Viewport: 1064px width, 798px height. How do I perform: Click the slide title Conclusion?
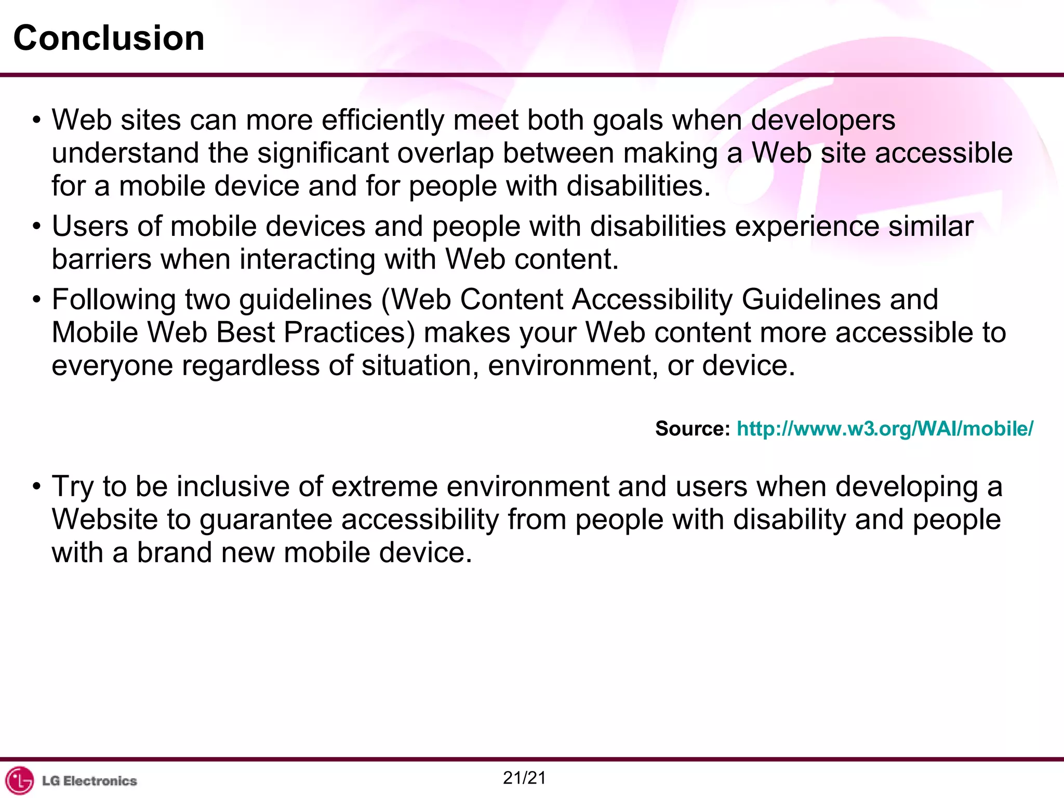tap(109, 38)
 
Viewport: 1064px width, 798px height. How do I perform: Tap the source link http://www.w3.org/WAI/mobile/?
tap(885, 429)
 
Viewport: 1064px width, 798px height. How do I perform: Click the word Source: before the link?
tap(693, 429)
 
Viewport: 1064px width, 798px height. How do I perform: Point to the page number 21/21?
tap(524, 778)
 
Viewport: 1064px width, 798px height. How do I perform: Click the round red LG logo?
tap(19, 780)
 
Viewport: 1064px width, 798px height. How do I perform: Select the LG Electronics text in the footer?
tap(89, 781)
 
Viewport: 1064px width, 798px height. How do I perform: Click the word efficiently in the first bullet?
tap(383, 121)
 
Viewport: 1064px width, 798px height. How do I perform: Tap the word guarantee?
tap(265, 520)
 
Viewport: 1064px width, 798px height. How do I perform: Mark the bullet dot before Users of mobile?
tap(36, 227)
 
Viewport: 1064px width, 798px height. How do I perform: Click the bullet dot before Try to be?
tap(36, 487)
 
